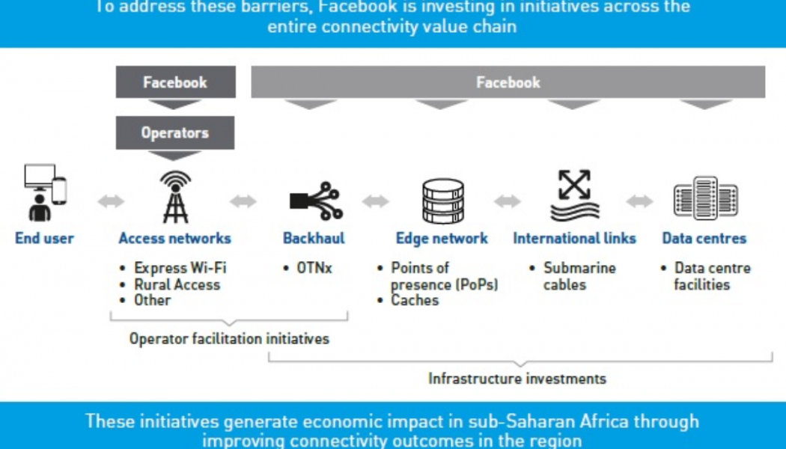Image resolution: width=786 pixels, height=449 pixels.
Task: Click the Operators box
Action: [175, 133]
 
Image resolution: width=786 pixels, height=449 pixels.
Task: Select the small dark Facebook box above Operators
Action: [175, 82]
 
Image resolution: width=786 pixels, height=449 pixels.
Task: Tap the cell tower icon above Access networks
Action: [175, 198]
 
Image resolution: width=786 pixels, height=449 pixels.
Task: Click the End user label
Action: [44, 239]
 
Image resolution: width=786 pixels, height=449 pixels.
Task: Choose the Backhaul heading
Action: [314, 239]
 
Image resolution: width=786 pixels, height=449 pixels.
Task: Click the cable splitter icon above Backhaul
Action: [314, 200]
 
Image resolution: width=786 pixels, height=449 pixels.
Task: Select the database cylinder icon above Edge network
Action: [442, 200]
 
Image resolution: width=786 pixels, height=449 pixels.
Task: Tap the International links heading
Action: [574, 239]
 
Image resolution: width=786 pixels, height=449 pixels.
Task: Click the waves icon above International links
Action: [574, 197]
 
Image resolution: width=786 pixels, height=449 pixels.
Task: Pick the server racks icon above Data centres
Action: [704, 198]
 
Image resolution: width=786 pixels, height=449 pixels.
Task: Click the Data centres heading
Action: [704, 239]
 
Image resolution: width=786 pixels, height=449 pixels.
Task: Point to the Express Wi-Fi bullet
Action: [180, 268]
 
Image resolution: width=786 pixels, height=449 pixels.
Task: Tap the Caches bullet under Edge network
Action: [415, 300]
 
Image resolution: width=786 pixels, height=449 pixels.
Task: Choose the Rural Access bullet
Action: [177, 284]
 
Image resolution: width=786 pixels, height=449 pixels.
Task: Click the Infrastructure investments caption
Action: [517, 379]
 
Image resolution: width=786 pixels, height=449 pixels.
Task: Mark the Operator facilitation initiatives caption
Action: [229, 339]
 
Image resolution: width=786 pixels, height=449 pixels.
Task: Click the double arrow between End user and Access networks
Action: [111, 201]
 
